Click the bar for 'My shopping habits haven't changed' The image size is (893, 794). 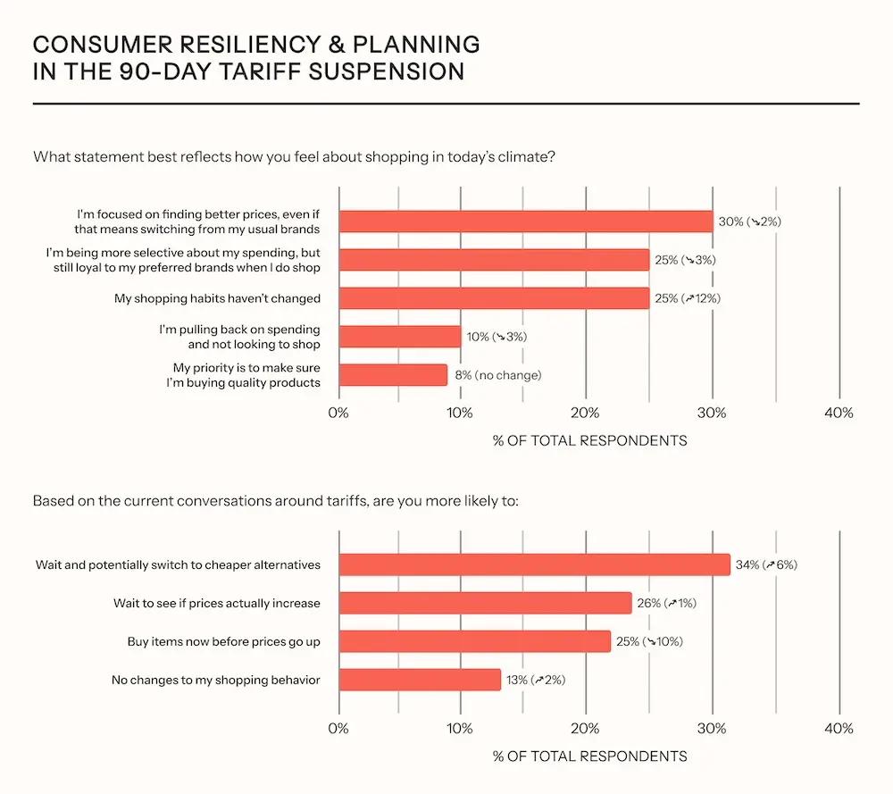(494, 298)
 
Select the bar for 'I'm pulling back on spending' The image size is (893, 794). (400, 337)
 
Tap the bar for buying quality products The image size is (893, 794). (393, 375)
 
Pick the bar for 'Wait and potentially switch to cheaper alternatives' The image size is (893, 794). (534, 564)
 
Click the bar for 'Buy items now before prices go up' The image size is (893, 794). (475, 641)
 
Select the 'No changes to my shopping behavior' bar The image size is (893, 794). (420, 680)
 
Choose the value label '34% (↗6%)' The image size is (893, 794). (766, 564)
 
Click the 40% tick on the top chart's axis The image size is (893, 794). (839, 413)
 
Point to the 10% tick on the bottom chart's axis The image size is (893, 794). (460, 728)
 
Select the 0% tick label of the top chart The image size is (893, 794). (338, 413)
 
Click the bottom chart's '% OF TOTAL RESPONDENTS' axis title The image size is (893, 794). (589, 756)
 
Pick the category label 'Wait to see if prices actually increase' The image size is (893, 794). (216, 603)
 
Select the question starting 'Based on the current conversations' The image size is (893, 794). (275, 500)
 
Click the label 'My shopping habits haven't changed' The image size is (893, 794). (217, 298)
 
